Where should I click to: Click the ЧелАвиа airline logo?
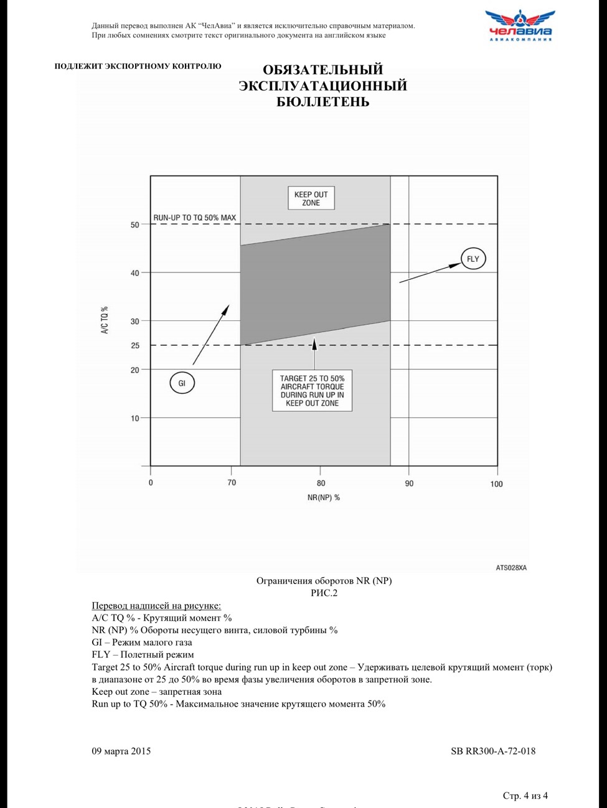click(520, 26)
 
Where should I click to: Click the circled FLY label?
click(473, 259)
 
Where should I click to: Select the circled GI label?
click(182, 383)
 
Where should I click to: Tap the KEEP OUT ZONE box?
click(311, 198)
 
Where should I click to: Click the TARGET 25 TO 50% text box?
click(312, 391)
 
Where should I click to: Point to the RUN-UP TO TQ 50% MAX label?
click(195, 218)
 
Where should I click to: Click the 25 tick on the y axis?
click(135, 345)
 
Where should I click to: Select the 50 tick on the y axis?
click(135, 225)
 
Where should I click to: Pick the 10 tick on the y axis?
click(135, 418)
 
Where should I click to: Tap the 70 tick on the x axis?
click(232, 483)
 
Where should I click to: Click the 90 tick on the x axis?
click(409, 483)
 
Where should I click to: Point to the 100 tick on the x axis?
click(496, 484)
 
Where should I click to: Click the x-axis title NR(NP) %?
click(324, 498)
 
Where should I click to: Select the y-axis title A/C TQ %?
click(105, 320)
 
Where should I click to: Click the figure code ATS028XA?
click(511, 567)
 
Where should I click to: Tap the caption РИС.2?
click(324, 593)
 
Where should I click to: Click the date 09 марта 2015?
click(121, 751)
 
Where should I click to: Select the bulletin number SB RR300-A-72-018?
click(493, 751)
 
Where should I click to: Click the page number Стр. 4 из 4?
click(525, 796)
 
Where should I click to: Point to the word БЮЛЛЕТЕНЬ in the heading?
click(323, 102)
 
